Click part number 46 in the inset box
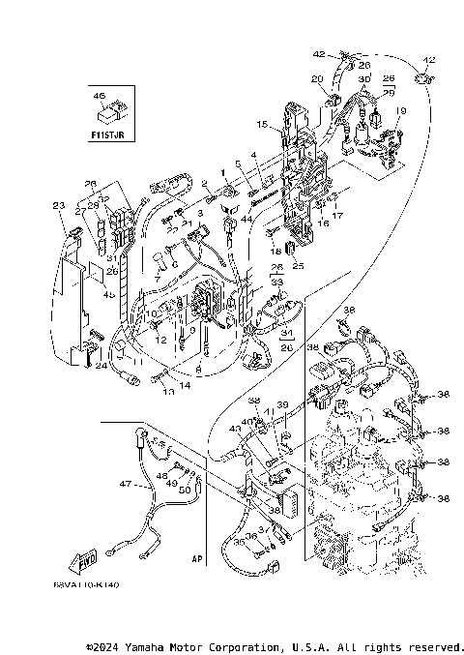pos(98,97)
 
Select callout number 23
pos(58,205)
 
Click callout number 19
pos(401,111)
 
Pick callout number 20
pos(316,78)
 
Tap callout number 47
pos(124,483)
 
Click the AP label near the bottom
pos(197,558)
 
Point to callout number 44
pos(220,220)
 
